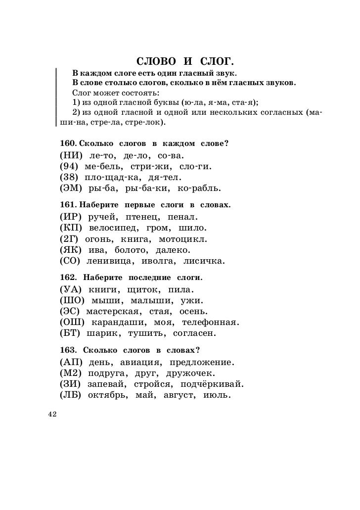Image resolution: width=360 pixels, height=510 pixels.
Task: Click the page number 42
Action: pyautogui.click(x=53, y=415)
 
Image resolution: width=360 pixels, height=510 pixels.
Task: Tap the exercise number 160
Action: pyautogui.click(x=67, y=143)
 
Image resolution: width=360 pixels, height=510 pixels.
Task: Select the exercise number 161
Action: pyautogui.click(x=67, y=205)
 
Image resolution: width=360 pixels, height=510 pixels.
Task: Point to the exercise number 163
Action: pyautogui.click(x=68, y=350)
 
